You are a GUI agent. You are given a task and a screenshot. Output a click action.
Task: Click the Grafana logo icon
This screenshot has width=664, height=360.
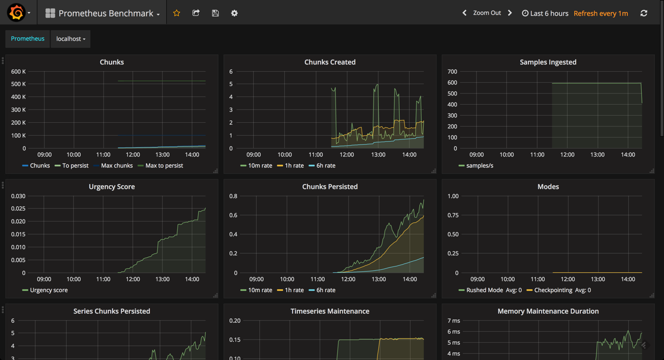16,13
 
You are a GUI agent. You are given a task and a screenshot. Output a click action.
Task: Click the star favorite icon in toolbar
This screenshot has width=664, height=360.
177,13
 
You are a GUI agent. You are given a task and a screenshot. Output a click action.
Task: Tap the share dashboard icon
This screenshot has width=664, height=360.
196,13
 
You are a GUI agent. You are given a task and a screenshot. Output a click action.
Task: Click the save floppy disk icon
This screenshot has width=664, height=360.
215,13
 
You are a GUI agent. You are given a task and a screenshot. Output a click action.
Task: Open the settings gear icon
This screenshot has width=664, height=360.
234,13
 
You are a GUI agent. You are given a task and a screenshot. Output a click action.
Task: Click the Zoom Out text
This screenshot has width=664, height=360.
487,13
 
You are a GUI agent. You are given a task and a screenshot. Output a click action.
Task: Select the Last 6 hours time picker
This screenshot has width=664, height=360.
545,13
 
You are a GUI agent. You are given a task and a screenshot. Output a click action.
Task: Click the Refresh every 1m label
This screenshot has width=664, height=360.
600,13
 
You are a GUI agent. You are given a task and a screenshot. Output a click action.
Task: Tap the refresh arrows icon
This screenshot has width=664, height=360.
643,13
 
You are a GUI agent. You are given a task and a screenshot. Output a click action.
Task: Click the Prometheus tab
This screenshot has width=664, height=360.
28,39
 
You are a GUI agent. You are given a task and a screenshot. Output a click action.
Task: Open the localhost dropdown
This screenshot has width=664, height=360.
71,39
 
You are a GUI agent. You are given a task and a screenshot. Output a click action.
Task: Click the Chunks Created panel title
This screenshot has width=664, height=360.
330,62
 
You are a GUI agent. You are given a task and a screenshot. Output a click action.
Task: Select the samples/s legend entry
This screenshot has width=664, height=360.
479,166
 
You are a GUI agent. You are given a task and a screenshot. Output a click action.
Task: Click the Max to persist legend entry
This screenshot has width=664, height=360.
164,166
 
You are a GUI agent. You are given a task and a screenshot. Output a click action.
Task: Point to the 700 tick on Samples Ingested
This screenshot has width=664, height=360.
452,72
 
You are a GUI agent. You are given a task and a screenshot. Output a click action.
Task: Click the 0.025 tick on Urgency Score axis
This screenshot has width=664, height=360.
18,209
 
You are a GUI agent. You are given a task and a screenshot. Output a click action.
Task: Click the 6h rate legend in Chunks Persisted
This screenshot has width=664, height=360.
325,290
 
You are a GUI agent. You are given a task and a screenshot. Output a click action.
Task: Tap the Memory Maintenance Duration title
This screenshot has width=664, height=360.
548,311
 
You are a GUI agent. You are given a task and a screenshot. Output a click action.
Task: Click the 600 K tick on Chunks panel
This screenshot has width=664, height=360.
18,72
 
